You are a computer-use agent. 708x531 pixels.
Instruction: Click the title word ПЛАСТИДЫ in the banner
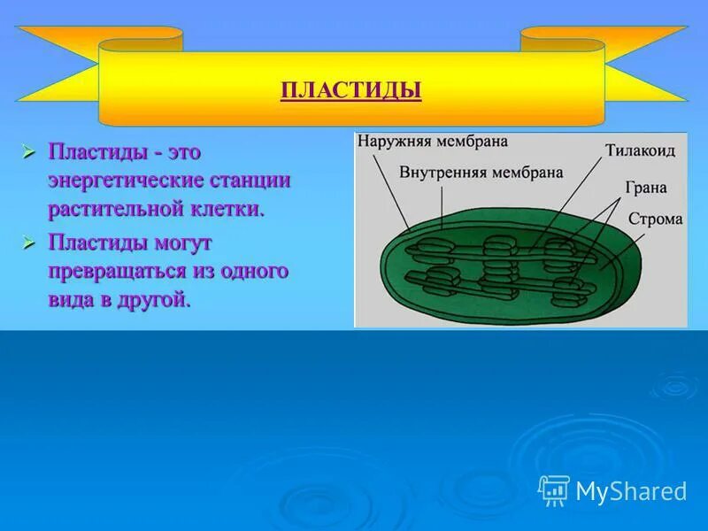click(350, 90)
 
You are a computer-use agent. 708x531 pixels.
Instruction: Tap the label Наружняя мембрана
click(420, 141)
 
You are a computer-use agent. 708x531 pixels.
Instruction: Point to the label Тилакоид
click(641, 150)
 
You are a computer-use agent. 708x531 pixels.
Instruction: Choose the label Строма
click(655, 219)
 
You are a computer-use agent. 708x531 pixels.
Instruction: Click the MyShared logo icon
click(553, 490)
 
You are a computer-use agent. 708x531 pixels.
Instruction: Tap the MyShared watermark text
click(631, 492)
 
